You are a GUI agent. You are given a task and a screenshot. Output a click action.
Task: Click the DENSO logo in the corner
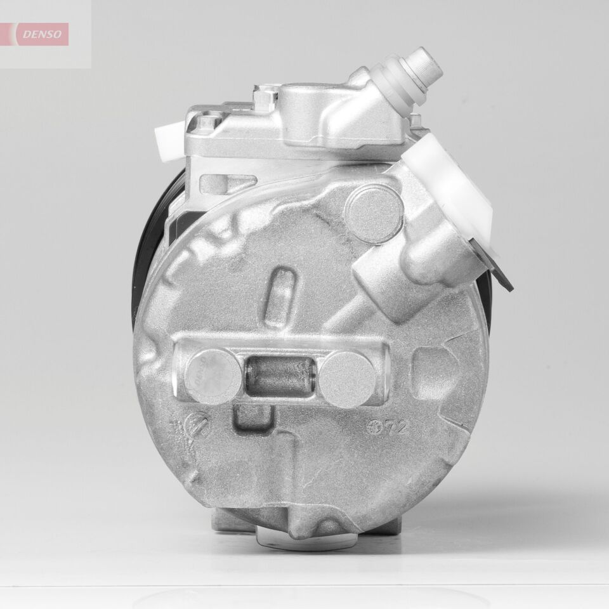click(42, 34)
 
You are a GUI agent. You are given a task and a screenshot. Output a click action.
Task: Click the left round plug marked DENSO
click(214, 377)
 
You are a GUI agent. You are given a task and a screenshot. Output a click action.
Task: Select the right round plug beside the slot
click(348, 379)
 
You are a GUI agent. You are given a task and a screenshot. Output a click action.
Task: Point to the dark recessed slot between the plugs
click(280, 377)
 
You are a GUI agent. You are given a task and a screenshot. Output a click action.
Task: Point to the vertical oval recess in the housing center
click(283, 290)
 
